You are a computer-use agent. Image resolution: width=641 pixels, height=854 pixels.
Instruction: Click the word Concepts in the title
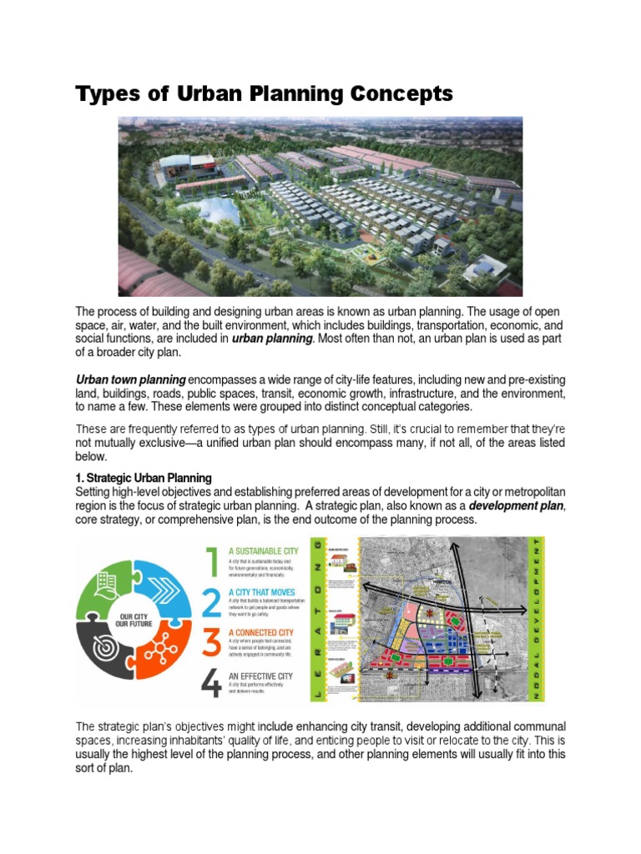pos(393,93)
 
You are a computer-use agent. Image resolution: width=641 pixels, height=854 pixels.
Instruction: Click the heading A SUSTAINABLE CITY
pos(265,551)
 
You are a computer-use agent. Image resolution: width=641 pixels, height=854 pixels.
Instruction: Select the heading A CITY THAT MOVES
pos(261,590)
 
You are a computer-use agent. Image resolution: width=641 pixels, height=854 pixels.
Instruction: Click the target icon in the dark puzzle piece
pos(106,657)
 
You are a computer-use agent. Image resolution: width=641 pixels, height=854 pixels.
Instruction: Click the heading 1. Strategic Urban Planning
pos(144,478)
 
